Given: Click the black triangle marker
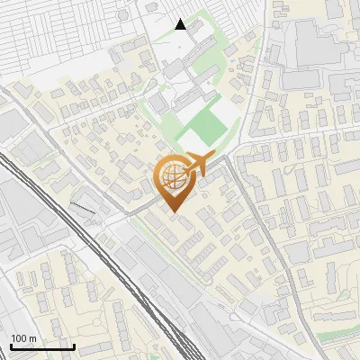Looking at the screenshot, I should tap(181, 24).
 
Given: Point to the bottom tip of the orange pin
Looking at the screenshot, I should tap(174, 212).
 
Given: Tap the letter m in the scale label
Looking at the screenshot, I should tap(33, 338).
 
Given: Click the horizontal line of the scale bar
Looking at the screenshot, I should tap(42, 347).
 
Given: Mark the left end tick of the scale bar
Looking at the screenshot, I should tap(11, 346).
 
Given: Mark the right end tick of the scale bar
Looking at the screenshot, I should tap(74, 346).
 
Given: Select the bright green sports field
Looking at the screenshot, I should tap(204, 130).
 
